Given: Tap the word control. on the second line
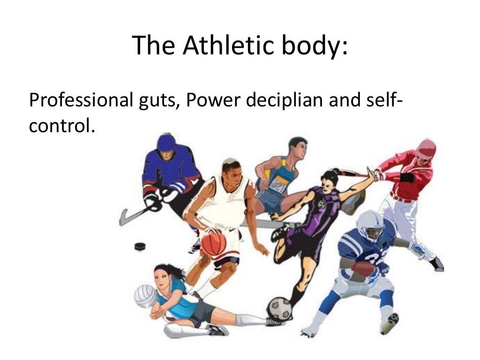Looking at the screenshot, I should click(x=59, y=126).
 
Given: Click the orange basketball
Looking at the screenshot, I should click(x=214, y=243).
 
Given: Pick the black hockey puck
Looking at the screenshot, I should click(x=140, y=246).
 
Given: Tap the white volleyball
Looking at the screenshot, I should click(x=145, y=296).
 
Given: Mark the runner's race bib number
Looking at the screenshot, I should click(x=277, y=186).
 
